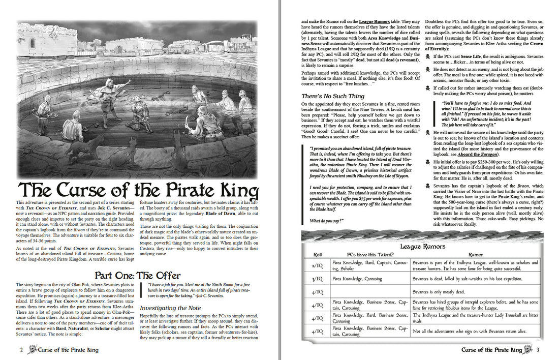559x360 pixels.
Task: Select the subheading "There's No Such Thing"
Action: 333,96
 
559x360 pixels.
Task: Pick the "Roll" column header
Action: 318,254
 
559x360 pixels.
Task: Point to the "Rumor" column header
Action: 476,254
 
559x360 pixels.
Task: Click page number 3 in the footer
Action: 538,350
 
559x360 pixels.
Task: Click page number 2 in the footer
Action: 21,350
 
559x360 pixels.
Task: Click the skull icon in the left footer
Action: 32,349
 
